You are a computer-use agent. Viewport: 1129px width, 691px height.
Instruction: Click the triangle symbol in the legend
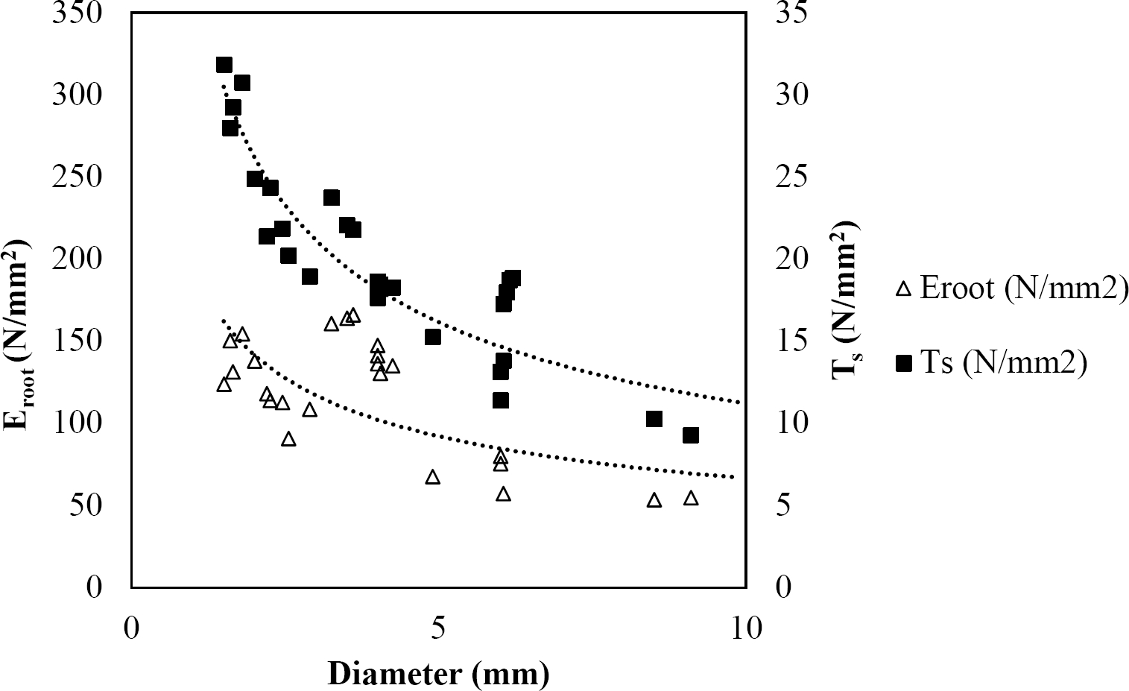tap(905, 288)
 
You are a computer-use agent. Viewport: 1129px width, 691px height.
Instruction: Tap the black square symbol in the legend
tap(905, 363)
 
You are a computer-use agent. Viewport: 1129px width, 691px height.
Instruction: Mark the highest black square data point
tap(224, 65)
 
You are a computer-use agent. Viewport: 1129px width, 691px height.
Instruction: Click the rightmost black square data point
tap(691, 435)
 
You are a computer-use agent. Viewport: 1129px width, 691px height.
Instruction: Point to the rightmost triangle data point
tap(691, 498)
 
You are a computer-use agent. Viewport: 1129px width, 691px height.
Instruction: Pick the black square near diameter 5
tap(433, 337)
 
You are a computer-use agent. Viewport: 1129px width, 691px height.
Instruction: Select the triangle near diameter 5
tap(433, 477)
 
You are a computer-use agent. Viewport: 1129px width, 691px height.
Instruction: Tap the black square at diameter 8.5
tap(654, 419)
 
